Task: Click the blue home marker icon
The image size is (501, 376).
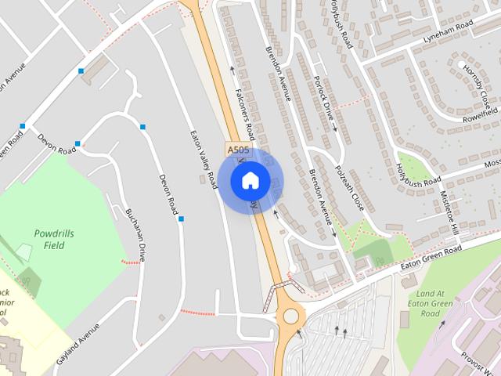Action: coord(250,180)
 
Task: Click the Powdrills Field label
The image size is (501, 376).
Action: coord(53,239)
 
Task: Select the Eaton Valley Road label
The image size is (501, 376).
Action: coord(204,158)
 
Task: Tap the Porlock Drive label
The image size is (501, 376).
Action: coord(323,102)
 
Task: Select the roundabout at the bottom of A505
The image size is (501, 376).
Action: coord(293,316)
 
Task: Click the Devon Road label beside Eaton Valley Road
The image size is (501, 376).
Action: coord(168,194)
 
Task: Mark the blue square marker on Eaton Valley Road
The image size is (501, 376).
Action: coord(181,219)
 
